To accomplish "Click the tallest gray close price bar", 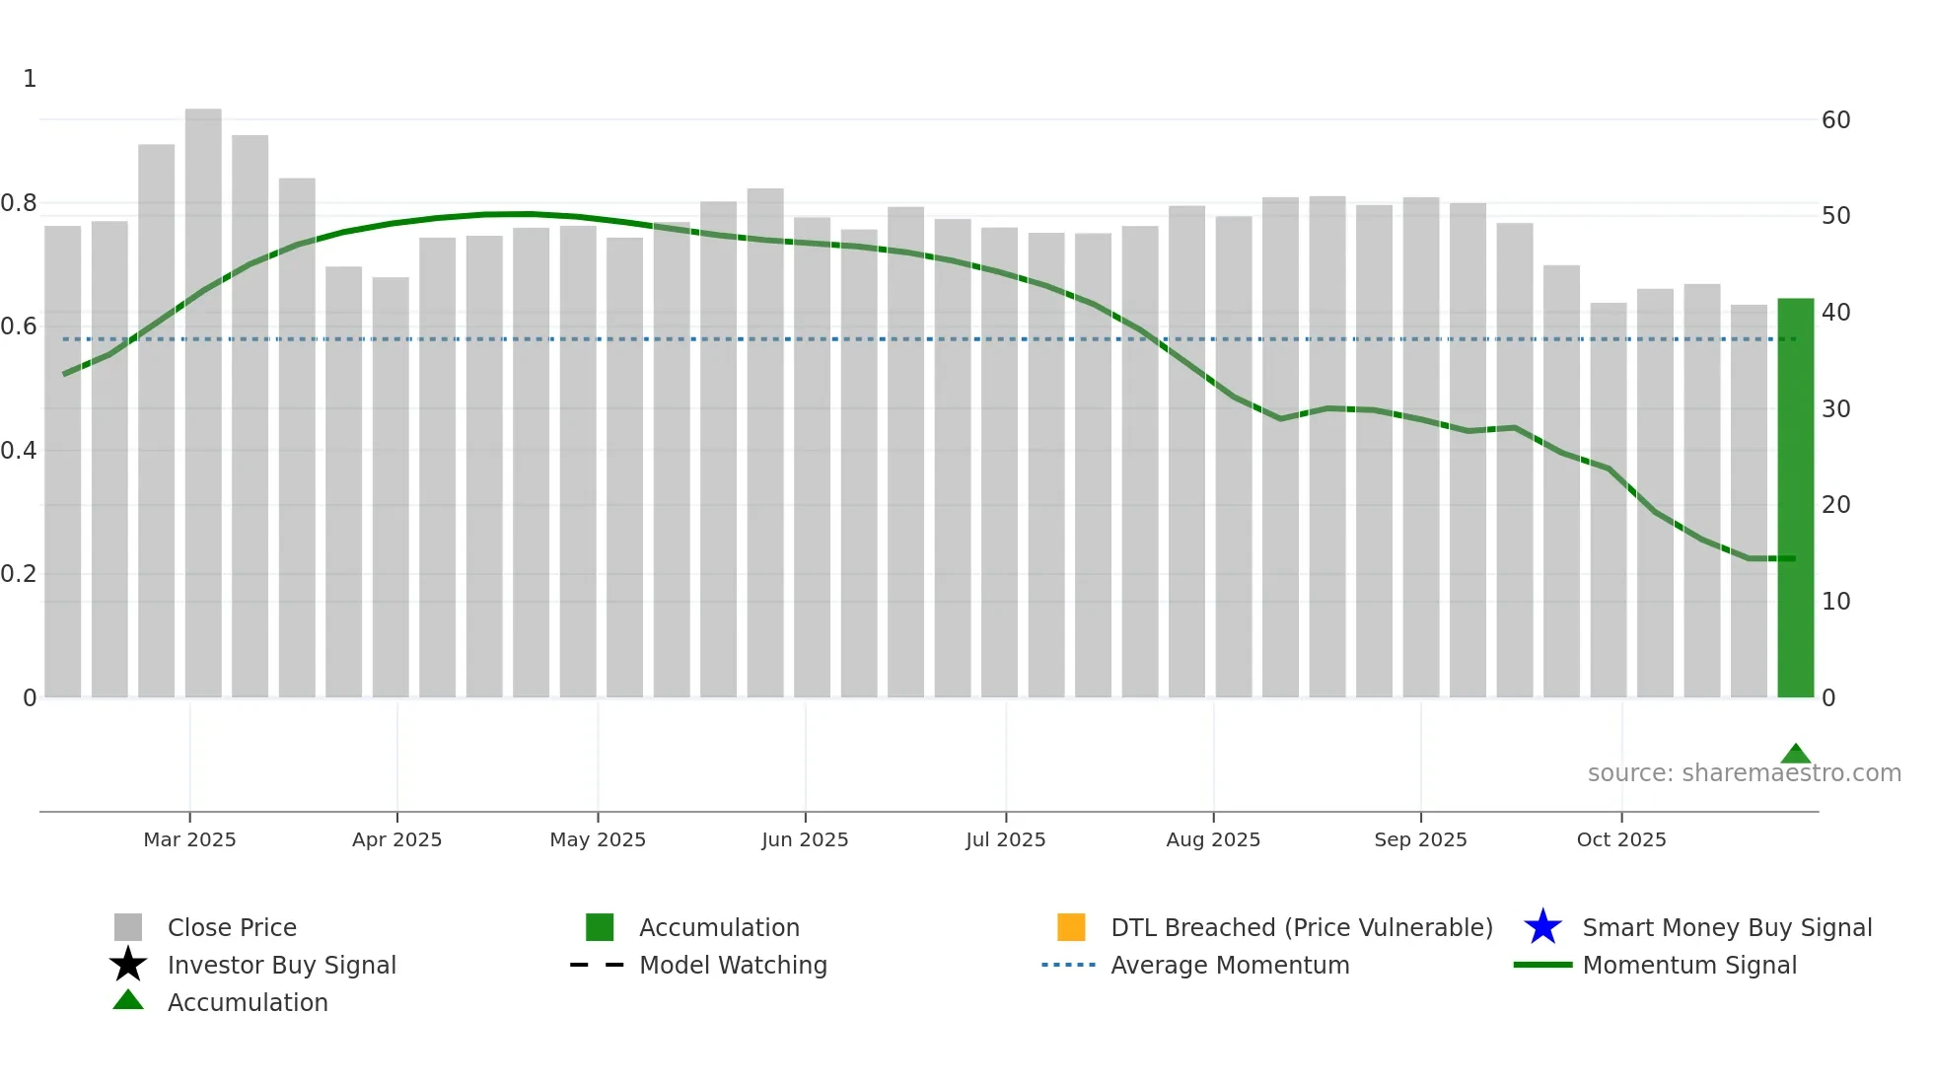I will (x=203, y=404).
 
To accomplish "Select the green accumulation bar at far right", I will (x=1795, y=498).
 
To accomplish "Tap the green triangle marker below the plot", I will (x=1795, y=755).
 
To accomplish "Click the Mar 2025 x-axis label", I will (x=189, y=839).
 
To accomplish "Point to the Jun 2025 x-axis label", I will (x=805, y=839).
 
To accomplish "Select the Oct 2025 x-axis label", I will (x=1621, y=839).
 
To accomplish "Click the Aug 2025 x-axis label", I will (x=1213, y=839).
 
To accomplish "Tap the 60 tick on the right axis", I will (x=1835, y=120).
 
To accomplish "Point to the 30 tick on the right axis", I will (x=1835, y=408).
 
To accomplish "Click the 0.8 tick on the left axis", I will (x=20, y=203).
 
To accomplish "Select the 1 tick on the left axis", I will (x=30, y=79).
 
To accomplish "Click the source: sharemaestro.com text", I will (x=1744, y=773).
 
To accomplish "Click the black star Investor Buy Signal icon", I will (x=128, y=965).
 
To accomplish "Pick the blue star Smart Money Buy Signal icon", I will (x=1542, y=927).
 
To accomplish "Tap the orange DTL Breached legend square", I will (x=1071, y=927).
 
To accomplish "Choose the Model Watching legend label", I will (x=733, y=965).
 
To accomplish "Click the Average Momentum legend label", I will (x=1230, y=965).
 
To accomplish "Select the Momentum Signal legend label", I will (x=1689, y=965).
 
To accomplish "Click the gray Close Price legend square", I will (x=128, y=927).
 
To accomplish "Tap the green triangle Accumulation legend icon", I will (x=128, y=1000).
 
